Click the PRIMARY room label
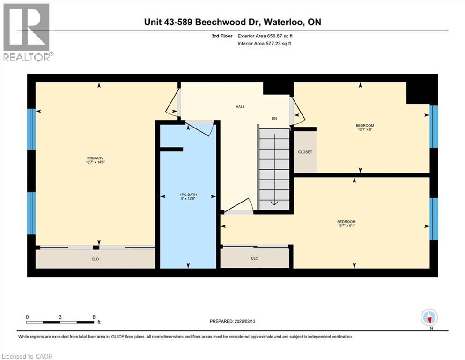(95, 158)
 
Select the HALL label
(240, 107)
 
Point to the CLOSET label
(305, 152)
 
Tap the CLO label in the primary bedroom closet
(95, 259)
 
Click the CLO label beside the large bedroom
(254, 258)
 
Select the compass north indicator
(429, 318)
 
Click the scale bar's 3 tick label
(60, 317)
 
